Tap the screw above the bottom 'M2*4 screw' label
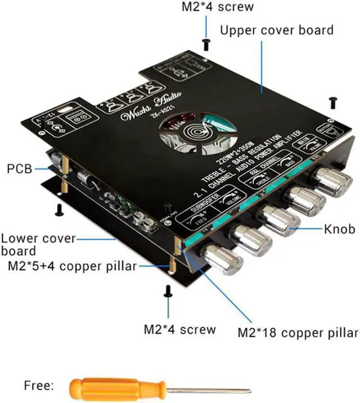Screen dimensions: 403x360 tap(168, 290)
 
